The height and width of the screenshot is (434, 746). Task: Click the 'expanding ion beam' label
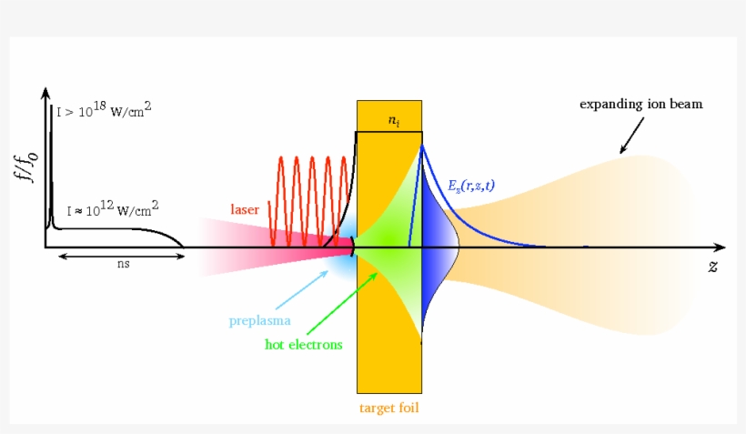pos(641,104)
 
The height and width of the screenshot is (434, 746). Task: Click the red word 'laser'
pos(246,209)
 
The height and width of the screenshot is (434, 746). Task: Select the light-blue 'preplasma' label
pos(260,321)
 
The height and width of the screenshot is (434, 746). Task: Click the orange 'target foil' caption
pos(389,409)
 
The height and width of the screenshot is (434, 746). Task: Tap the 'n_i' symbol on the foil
pos(392,119)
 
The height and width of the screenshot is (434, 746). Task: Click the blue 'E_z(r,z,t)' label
pos(472,186)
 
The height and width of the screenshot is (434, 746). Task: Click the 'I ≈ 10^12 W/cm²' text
pos(106,209)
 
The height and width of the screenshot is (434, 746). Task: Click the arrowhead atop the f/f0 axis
pos(45,94)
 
